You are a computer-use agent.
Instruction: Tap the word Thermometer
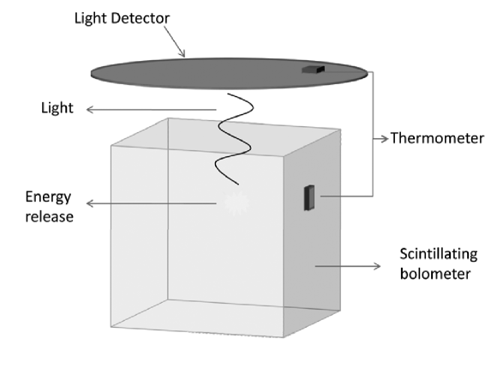[432, 137]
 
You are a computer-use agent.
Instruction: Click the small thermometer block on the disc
[313, 70]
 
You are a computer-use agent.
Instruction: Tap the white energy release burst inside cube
[234, 203]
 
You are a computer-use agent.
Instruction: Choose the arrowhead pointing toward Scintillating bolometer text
[377, 267]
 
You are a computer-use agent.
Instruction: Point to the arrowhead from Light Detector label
[183, 56]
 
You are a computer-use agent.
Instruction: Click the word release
[49, 216]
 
